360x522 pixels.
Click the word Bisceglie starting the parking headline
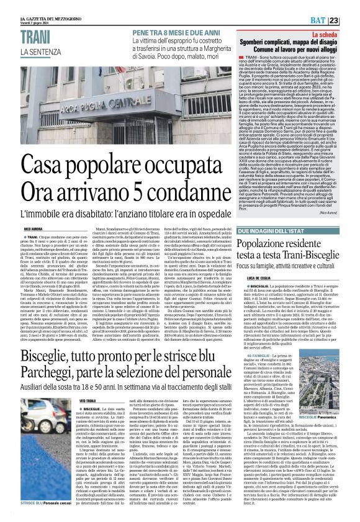[x=47, y=357]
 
